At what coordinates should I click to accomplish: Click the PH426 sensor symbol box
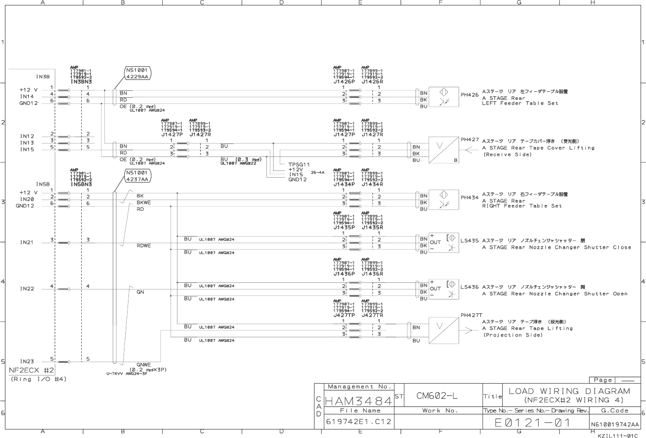443,97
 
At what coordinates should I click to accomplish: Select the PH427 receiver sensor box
443,150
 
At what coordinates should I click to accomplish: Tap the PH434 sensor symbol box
443,199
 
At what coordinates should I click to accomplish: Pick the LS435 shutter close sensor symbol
444,242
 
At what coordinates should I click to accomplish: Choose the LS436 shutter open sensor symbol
444,289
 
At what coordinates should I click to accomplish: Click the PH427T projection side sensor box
443,331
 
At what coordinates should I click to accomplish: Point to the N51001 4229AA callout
137,73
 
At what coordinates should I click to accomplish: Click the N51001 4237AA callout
137,176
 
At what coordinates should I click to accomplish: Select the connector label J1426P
344,81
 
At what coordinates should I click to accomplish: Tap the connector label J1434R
372,184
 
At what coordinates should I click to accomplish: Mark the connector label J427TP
344,315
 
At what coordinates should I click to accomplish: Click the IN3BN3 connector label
81,81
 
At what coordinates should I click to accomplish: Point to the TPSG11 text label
299,165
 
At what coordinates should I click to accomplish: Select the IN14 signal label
27,96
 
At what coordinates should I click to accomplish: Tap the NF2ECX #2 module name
31,370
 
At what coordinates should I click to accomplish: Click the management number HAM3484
358,399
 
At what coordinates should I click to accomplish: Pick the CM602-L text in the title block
437,396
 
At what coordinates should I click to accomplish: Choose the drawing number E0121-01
532,423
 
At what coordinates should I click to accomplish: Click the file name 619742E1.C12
358,422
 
